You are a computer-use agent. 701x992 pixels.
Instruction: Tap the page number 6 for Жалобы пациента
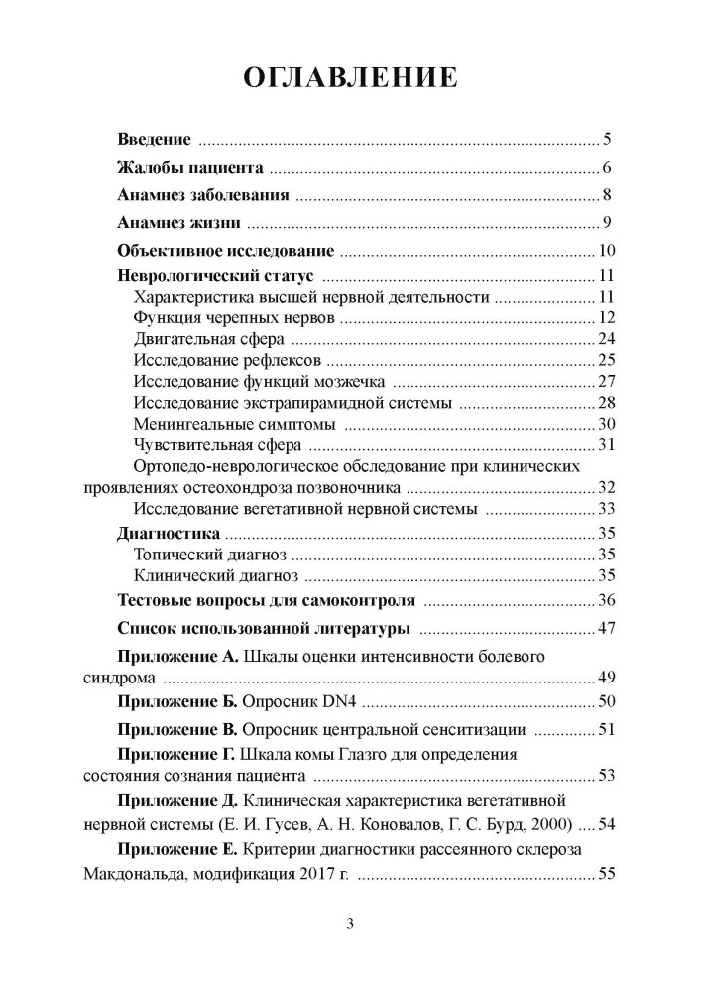coord(606,167)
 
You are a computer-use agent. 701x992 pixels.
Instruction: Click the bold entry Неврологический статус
coord(215,276)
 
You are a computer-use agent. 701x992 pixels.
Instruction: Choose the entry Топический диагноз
coord(209,555)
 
